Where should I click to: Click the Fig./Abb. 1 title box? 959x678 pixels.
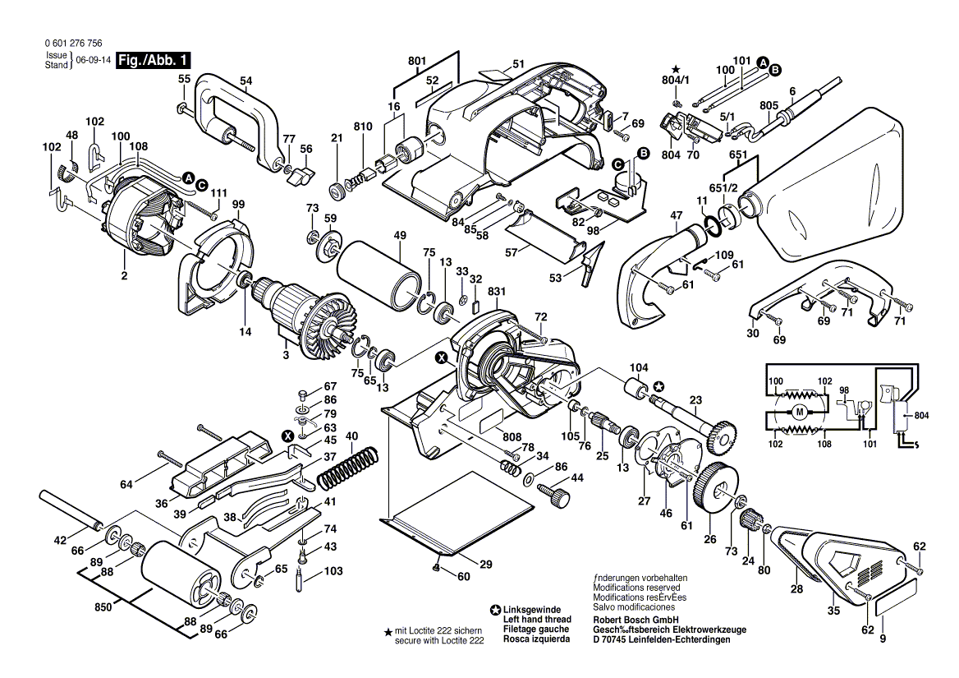click(154, 60)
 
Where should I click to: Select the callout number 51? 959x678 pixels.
click(518, 64)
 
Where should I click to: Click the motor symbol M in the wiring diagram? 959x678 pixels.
click(797, 411)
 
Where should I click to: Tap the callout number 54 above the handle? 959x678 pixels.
click(245, 81)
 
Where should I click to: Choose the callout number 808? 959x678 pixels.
click(512, 436)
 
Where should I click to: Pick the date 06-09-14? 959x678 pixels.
click(93, 61)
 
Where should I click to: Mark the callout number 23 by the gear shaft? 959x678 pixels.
click(696, 402)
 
